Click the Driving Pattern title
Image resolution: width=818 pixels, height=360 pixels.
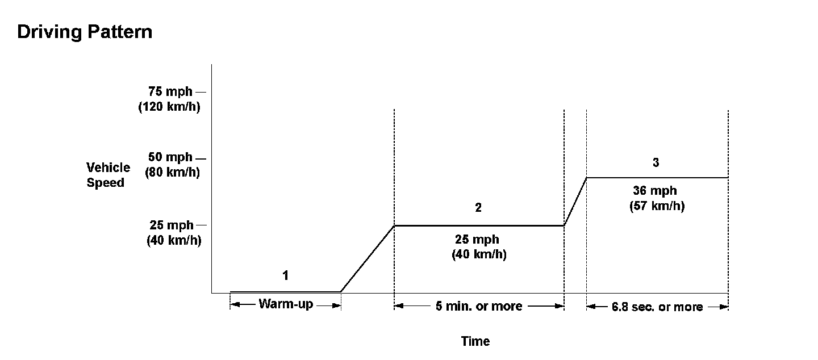[x=85, y=32]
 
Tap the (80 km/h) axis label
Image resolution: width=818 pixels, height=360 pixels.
[x=172, y=171]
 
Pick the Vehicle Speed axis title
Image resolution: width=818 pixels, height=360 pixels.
[x=108, y=175]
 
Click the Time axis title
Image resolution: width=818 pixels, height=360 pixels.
[x=475, y=341]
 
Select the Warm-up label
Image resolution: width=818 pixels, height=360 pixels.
[x=285, y=304]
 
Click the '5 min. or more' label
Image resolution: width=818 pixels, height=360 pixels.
[x=478, y=306]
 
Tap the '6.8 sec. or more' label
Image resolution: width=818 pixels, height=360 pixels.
[x=657, y=307]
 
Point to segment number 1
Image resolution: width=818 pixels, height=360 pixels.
[x=286, y=276]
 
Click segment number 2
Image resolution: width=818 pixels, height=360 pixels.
[x=478, y=208]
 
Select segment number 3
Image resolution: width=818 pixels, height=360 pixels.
[x=656, y=162]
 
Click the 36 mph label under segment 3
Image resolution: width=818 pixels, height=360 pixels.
[x=655, y=191]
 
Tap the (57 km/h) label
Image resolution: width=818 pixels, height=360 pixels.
[x=657, y=206]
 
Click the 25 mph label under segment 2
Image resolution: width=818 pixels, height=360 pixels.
[x=477, y=240]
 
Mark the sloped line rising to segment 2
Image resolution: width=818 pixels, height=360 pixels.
[x=368, y=258]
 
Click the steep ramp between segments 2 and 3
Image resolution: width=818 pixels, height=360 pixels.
[x=575, y=201]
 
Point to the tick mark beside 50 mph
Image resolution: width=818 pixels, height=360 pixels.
[x=201, y=157]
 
